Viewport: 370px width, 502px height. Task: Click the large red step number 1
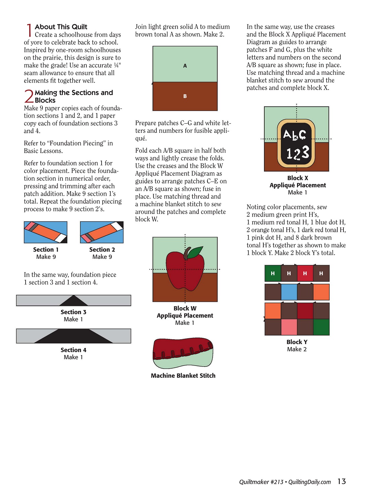coord(29,30)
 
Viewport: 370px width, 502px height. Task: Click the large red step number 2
coord(29,96)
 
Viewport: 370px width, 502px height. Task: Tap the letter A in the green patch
coord(185,66)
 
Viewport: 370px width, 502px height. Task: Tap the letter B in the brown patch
coord(185,96)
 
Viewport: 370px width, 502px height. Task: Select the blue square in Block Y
coord(289,292)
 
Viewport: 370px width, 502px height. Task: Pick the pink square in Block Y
coord(289,327)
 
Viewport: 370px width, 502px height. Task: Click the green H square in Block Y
coord(273,274)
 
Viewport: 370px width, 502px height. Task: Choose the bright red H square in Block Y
coord(305,274)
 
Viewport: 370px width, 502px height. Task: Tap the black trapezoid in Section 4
coord(73,336)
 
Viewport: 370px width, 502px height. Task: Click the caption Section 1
coord(46,250)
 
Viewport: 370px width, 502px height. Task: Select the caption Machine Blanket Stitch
coord(183,376)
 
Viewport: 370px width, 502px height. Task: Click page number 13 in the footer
coord(342,481)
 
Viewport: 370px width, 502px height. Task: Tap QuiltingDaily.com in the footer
coord(309,482)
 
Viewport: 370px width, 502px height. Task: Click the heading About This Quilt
coord(61,27)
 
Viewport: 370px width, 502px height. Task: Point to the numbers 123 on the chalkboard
coord(298,153)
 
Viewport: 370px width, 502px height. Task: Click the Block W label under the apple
coord(185,308)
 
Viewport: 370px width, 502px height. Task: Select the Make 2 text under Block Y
coord(297,349)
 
